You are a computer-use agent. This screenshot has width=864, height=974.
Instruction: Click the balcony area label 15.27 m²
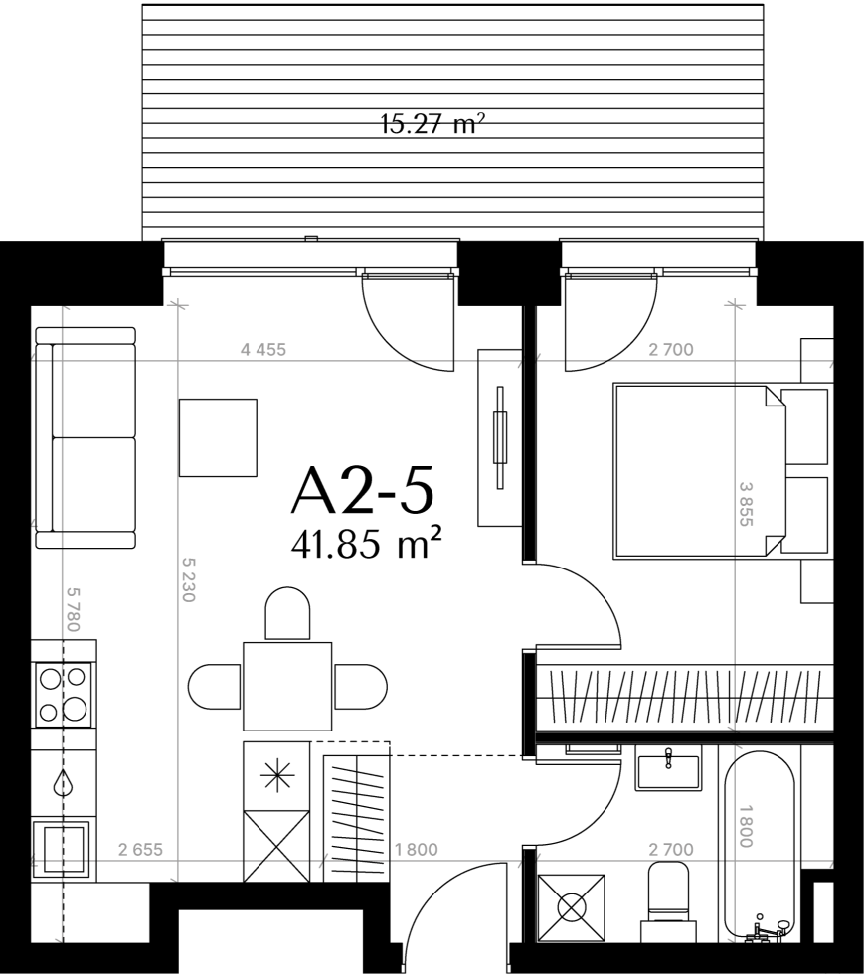point(432,124)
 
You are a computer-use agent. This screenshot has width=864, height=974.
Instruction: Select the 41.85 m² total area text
point(367,545)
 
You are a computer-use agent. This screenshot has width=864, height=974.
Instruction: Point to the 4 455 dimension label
point(262,350)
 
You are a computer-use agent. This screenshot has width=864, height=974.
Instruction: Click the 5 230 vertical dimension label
point(189,578)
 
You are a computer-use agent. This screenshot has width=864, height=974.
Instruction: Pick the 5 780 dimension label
point(74,609)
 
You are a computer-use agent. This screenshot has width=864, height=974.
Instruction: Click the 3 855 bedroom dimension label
point(746,504)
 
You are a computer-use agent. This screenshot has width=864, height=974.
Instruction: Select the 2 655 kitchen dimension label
point(140,849)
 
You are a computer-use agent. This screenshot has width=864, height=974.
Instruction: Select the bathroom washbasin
point(668,767)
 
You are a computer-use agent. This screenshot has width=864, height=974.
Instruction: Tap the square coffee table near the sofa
point(218,437)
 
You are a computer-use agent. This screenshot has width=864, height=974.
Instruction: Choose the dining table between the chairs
point(287,687)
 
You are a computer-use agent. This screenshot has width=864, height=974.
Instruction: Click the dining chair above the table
point(287,614)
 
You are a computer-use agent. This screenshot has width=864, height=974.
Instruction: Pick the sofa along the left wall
point(86,438)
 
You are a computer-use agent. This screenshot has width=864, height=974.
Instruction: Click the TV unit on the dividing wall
point(499,437)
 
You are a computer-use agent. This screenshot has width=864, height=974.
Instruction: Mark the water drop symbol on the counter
point(63,783)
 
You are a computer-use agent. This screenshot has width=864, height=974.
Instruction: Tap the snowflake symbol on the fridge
point(276,776)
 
